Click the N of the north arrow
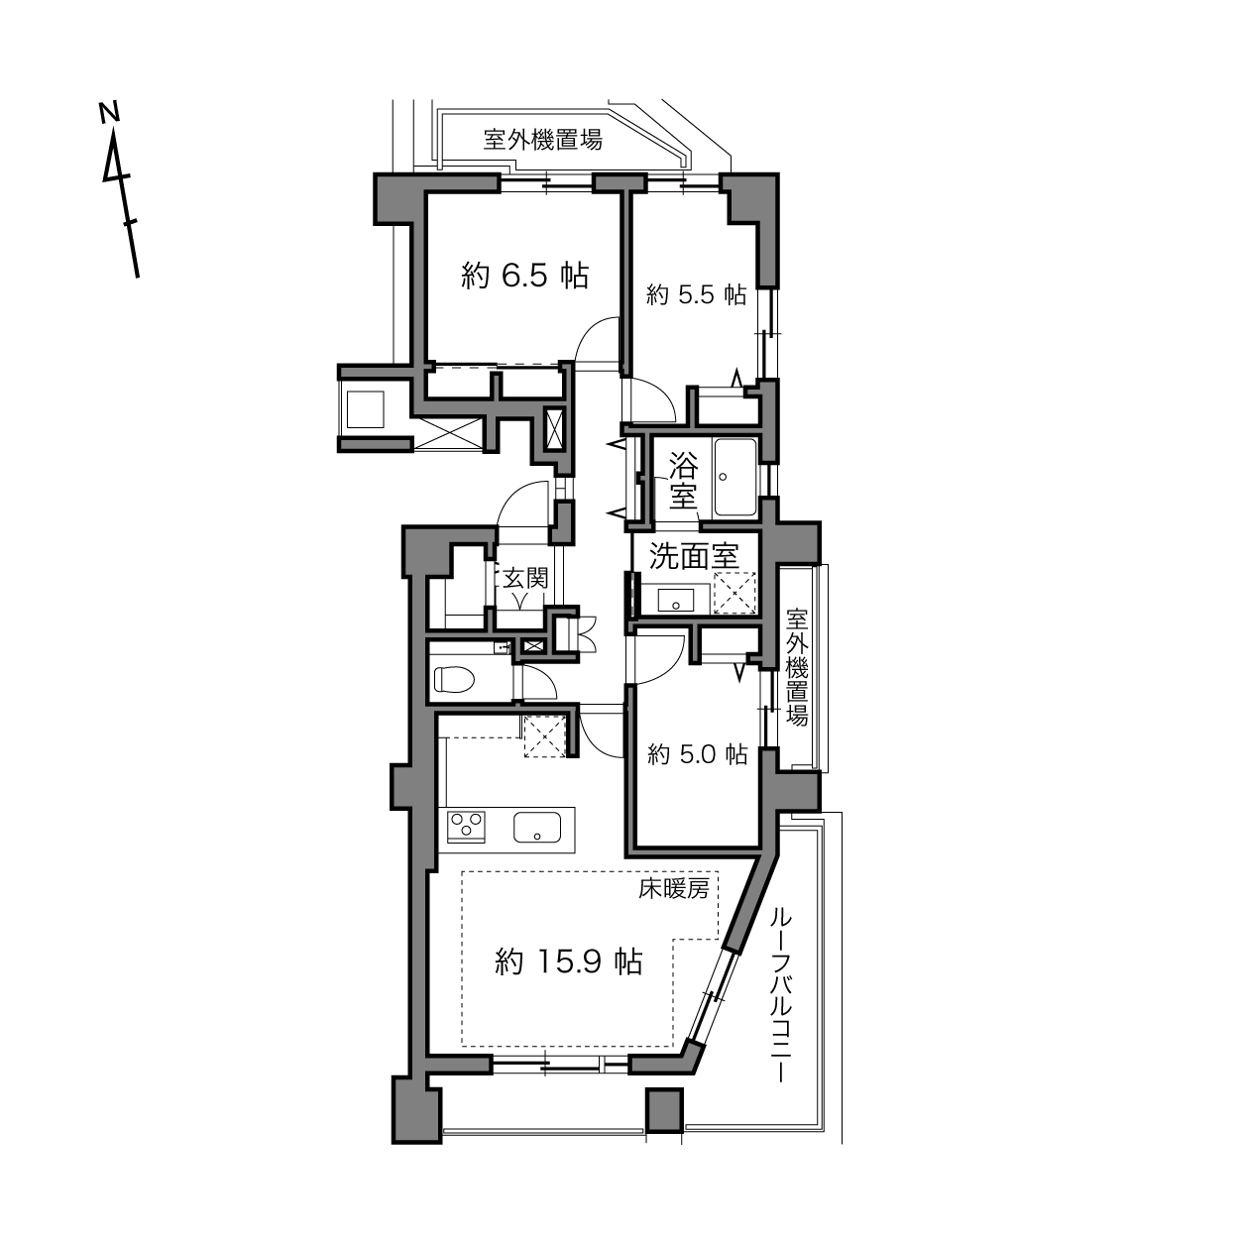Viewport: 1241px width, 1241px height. point(109,111)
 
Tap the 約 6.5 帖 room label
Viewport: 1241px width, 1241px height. point(525,276)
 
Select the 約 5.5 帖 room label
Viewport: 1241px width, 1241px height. point(696,295)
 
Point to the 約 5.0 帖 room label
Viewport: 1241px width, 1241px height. point(697,754)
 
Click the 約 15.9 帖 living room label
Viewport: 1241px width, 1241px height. point(569,962)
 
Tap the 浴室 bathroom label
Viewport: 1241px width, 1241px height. point(683,480)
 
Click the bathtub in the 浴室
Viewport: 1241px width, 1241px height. point(735,477)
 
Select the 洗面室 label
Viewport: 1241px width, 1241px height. point(693,556)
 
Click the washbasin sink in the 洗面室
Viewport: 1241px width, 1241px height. point(676,601)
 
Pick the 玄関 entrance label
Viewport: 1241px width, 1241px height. point(525,578)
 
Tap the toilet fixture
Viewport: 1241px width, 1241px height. point(454,679)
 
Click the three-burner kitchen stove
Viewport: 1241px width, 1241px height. point(466,827)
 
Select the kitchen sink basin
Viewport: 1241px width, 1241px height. point(537,827)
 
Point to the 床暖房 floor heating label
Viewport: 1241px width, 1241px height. point(674,889)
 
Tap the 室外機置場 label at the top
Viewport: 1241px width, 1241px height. point(543,139)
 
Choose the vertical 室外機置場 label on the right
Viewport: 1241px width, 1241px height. point(797,667)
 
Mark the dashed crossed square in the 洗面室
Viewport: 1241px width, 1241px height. point(735,592)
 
